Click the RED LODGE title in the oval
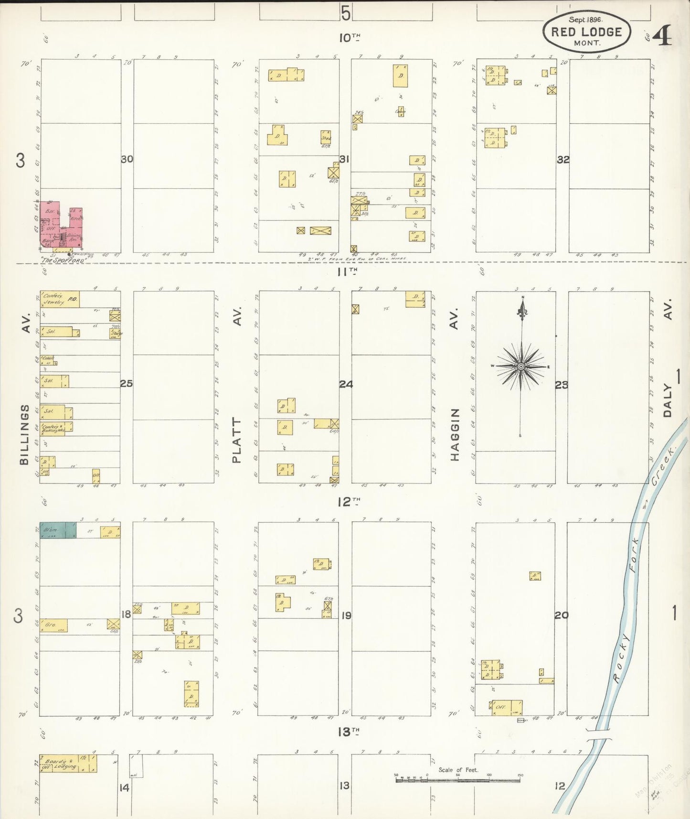pos(586,32)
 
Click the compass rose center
pos(521,366)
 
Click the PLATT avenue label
pos(237,440)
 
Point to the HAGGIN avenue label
pos(455,435)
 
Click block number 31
pos(344,159)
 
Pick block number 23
pos(562,385)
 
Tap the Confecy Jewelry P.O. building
pos(60,299)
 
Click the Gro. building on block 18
pos(53,625)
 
